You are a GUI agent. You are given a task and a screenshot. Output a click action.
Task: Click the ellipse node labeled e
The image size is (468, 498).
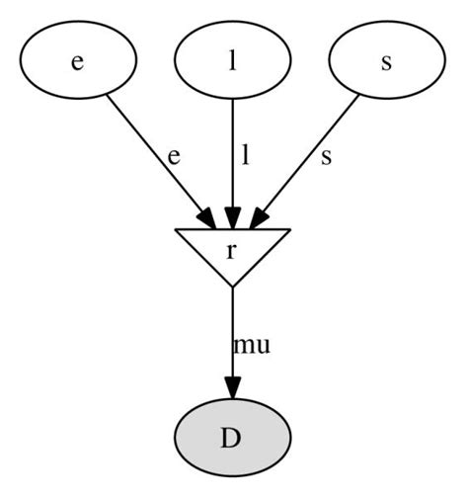pos(77,60)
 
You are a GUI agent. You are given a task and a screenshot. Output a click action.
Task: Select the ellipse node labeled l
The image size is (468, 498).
pos(232,60)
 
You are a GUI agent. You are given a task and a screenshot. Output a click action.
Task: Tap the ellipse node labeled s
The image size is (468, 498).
pos(386,60)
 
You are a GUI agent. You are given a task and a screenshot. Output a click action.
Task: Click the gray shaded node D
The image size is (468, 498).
pos(232,438)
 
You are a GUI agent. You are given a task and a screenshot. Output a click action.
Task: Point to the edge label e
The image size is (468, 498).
pos(174,157)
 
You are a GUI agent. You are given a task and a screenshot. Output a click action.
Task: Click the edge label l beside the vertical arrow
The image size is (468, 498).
pos(245,156)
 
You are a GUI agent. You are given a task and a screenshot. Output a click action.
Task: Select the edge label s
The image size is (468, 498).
pos(326,157)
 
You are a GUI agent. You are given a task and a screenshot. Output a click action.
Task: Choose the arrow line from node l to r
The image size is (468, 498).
pos(232,148)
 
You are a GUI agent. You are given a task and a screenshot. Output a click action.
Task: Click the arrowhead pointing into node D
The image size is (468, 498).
pos(232,388)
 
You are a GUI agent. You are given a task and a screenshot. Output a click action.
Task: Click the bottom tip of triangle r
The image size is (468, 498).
pos(232,287)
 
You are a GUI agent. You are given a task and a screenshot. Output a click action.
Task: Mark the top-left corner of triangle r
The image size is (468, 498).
pos(176,229)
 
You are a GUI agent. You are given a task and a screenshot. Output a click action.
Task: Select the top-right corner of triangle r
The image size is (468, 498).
pos(288,229)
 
